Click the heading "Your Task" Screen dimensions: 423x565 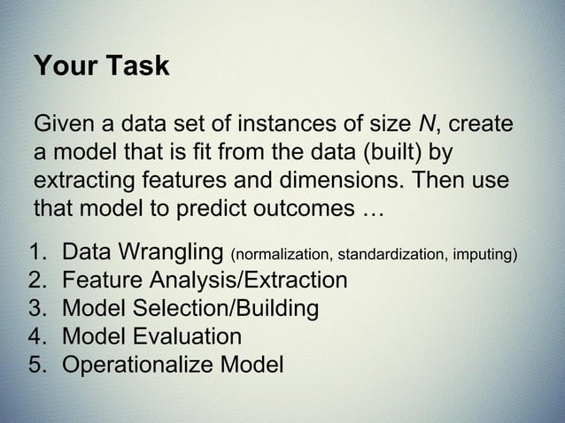point(100,66)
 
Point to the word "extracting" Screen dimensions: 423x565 point(82,181)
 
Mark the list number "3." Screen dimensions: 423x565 point(37,309)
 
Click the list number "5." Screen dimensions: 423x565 point(37,364)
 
